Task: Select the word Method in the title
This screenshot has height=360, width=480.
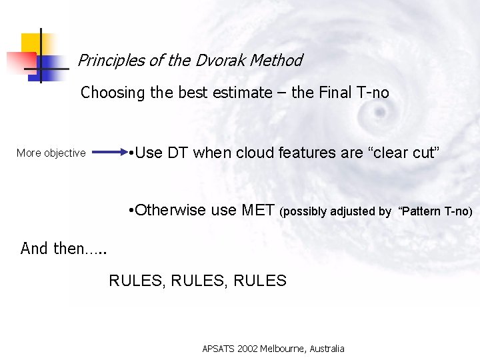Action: tap(278, 61)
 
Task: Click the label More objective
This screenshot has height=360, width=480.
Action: tap(51, 153)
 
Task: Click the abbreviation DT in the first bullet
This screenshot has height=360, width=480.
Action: tap(178, 153)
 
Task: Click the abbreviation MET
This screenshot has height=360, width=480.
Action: tap(257, 211)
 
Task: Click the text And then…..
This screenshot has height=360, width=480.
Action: tap(63, 249)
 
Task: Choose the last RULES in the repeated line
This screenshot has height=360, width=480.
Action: tap(260, 281)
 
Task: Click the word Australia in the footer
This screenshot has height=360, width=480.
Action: tap(329, 349)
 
